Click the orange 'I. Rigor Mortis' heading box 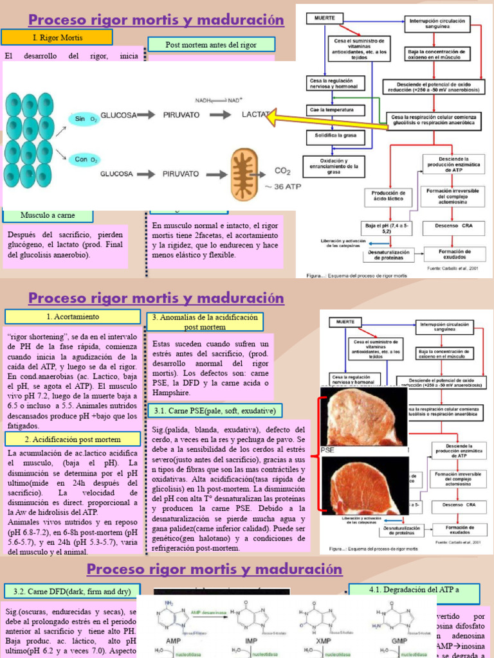57,37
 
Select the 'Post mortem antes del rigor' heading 211,45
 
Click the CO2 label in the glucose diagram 282,171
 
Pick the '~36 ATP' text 284,186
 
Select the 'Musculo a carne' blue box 48,215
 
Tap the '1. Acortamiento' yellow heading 73,317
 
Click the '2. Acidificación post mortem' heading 73,439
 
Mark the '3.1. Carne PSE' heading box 213,411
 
